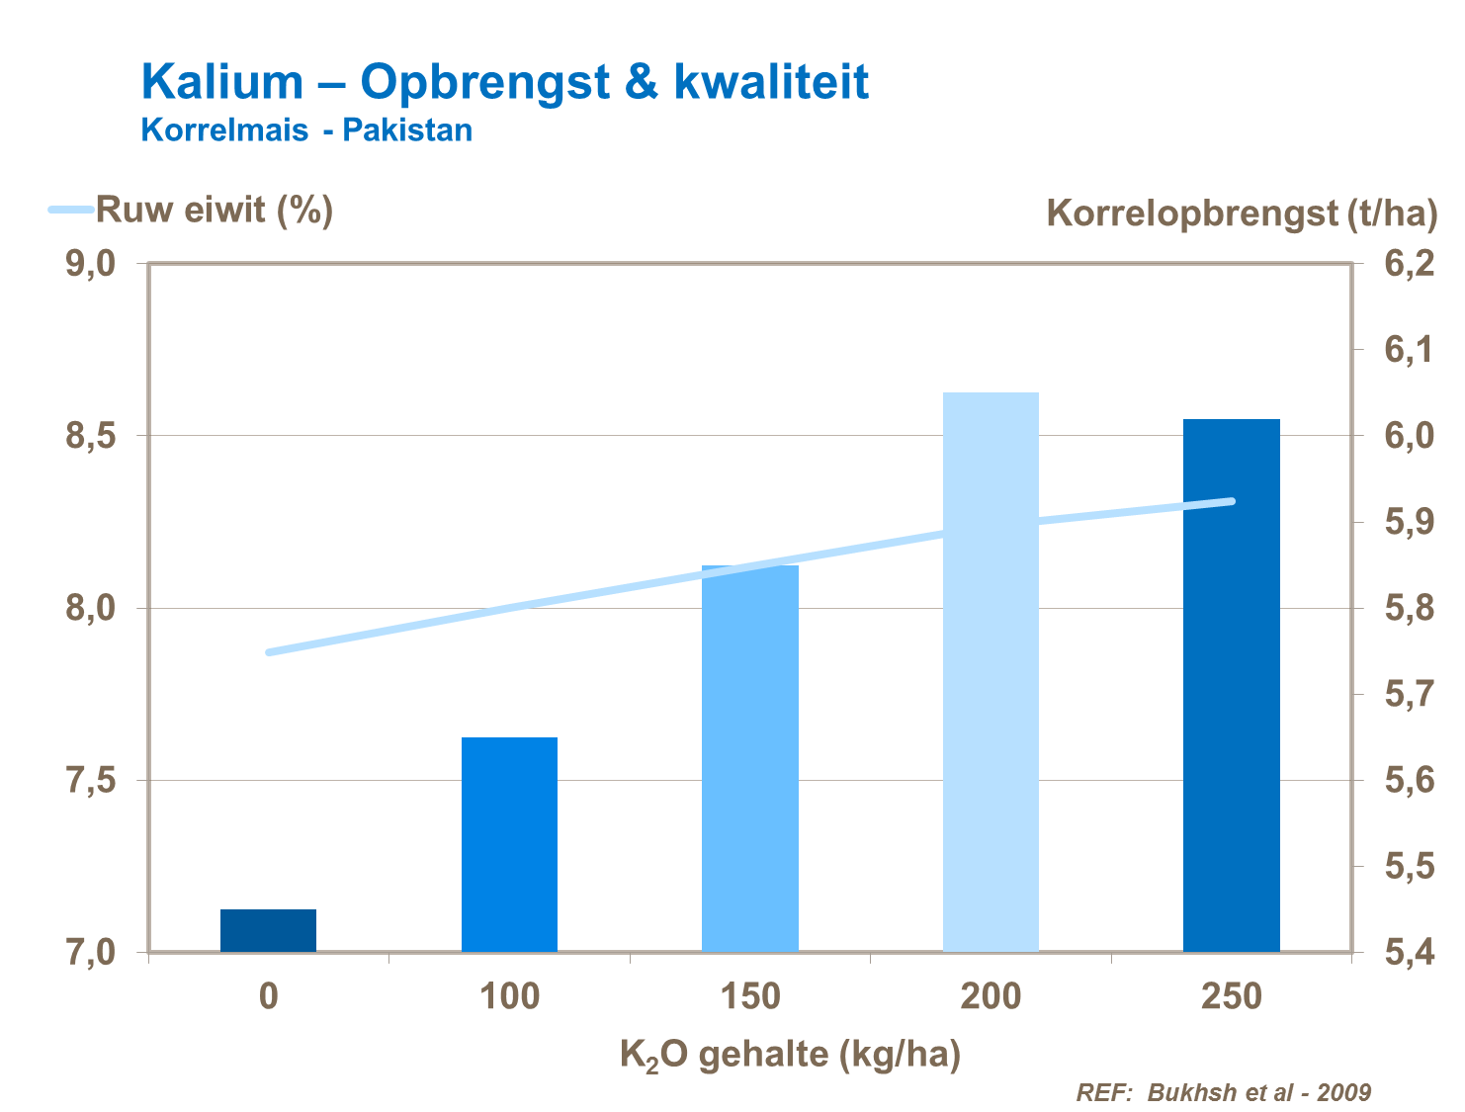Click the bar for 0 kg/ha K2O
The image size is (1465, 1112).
click(x=268, y=930)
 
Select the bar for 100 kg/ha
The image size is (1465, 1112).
click(x=509, y=844)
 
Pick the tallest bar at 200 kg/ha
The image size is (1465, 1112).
click(x=991, y=672)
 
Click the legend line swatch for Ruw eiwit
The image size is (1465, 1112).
click(x=71, y=210)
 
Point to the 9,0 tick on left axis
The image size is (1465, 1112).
click(x=91, y=264)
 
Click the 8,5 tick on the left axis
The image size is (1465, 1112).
click(x=91, y=436)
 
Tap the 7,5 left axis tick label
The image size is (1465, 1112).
click(x=91, y=781)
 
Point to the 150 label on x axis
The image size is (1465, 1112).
click(x=750, y=996)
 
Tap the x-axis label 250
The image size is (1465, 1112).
click(x=1232, y=996)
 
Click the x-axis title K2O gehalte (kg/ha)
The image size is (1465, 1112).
click(x=790, y=1056)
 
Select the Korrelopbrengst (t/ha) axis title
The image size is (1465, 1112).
click(x=1242, y=213)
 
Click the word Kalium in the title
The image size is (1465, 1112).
click(x=222, y=81)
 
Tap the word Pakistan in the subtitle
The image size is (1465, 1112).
click(x=407, y=130)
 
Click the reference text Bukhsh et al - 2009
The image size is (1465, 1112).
click(x=1259, y=1092)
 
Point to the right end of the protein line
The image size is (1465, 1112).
click(x=1232, y=501)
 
